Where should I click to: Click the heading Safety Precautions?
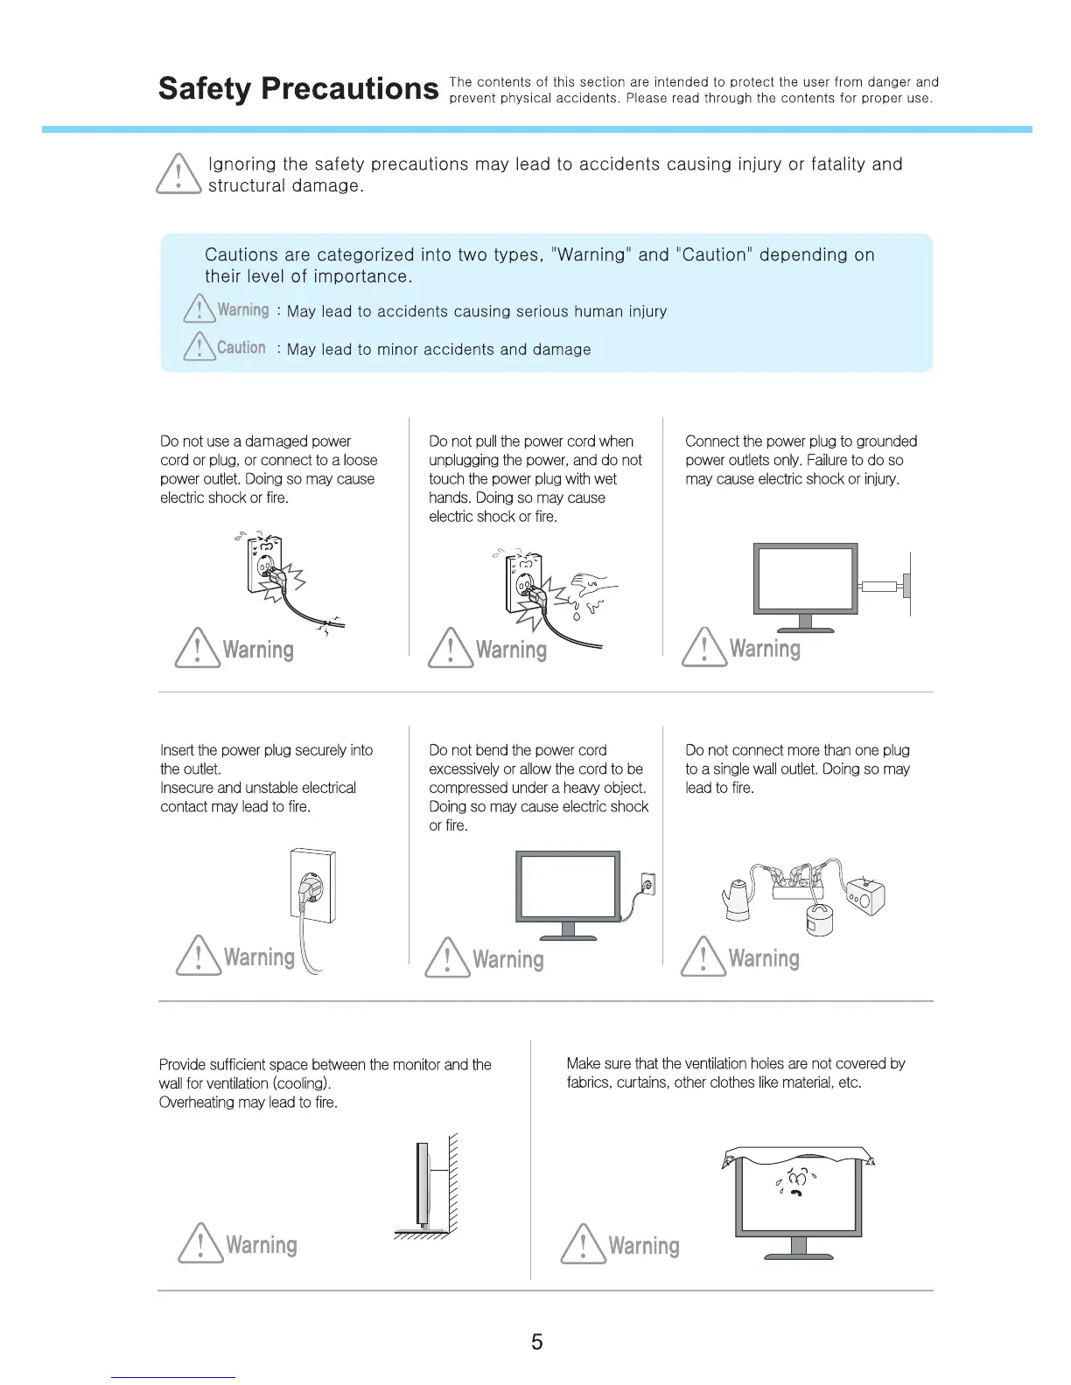297,88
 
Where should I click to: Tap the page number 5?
536,1341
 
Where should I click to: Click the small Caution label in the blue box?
241,347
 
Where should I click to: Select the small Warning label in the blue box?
242,310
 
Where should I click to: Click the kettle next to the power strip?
738,898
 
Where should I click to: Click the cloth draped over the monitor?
796,1155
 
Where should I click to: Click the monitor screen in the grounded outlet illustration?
805,578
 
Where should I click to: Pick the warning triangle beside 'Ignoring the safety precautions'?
178,174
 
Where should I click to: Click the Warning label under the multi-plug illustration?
763,958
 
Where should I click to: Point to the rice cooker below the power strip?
819,919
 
